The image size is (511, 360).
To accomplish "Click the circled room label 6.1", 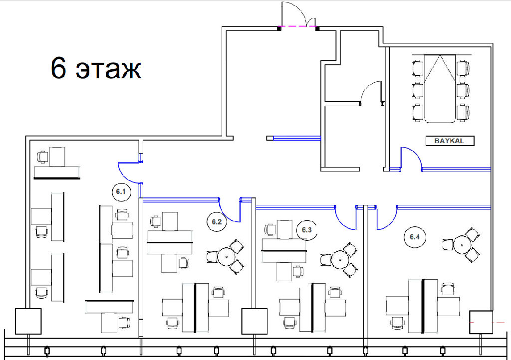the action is coord(121,192).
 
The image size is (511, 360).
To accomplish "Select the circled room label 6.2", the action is coord(217,222).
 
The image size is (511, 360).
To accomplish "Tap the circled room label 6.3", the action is coord(307,230).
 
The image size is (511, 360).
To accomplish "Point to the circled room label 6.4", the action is coord(415,237).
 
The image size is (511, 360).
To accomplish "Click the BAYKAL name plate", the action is coord(450,141).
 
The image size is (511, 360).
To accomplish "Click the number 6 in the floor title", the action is coord(59,68).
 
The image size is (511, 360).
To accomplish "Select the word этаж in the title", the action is coord(108,70).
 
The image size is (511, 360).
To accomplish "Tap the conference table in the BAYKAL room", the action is coord(440,89).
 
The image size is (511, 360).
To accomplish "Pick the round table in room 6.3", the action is coord(340,260).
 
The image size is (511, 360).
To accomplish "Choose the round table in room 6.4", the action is coord(463,244).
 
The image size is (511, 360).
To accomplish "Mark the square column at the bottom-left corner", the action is coord(28,321).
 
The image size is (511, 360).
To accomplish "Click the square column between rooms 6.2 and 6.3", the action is coord(254,321).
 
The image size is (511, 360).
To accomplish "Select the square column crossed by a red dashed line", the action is coord(481,322).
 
